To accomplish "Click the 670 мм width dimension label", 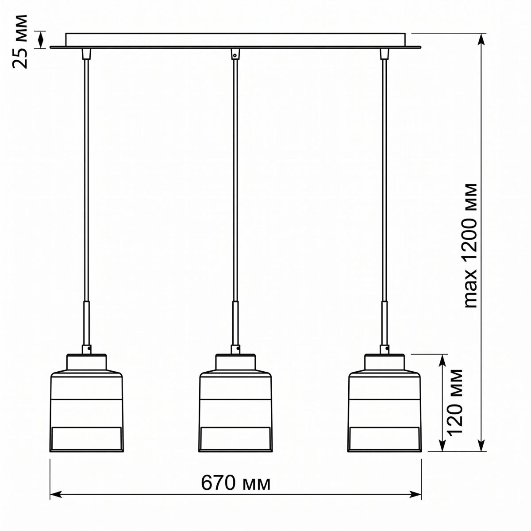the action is [x=235, y=483].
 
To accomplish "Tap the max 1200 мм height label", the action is [x=470, y=245].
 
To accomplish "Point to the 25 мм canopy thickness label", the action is [x=20, y=41].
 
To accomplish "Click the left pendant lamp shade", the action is [x=87, y=403].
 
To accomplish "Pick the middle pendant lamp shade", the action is [x=235, y=403].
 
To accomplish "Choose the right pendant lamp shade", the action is [x=385, y=403].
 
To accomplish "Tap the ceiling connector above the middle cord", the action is [x=235, y=54].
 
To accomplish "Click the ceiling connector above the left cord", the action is [x=87, y=54].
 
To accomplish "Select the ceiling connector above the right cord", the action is [x=384, y=54].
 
